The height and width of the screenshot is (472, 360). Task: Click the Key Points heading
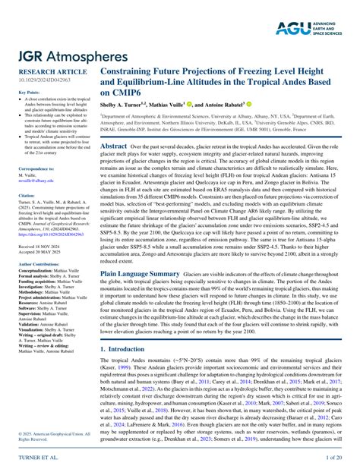(x=29, y=92)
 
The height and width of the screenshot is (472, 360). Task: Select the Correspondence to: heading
(x=36, y=168)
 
